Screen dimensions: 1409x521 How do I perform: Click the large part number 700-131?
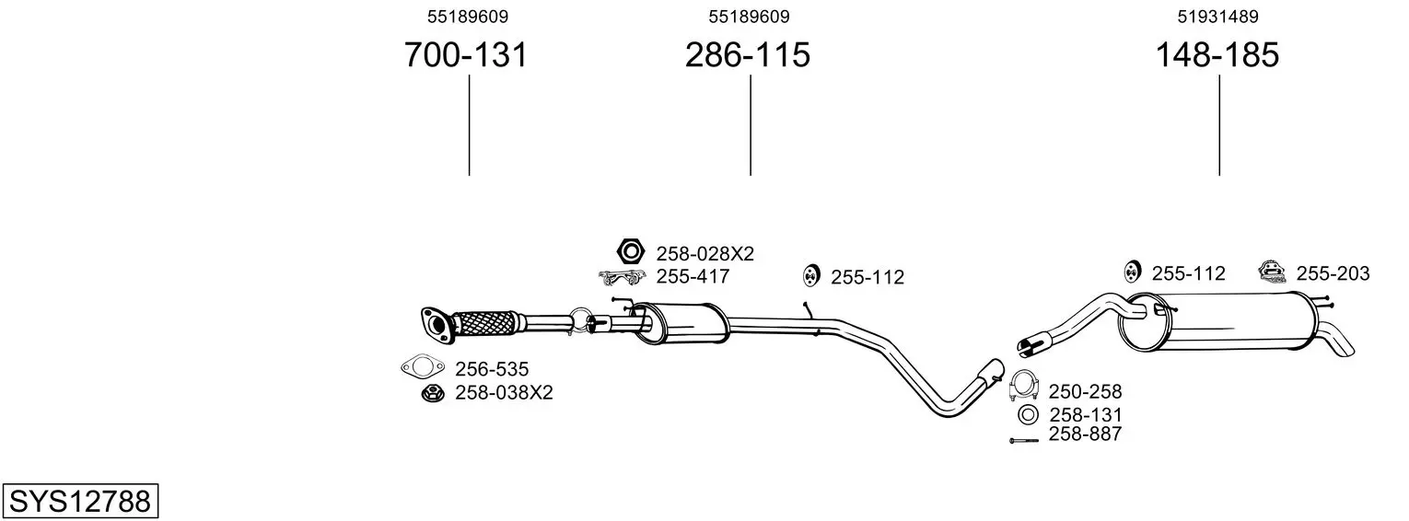[465, 54]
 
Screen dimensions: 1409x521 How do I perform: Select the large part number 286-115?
[747, 54]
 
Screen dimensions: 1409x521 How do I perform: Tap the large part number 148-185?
[1217, 54]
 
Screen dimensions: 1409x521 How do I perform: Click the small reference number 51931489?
[1217, 17]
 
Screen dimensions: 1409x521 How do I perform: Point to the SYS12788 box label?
[80, 501]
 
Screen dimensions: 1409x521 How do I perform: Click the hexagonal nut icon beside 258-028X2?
[630, 251]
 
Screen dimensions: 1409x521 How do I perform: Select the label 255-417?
[693, 276]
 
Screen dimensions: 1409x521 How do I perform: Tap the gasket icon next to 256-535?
[422, 367]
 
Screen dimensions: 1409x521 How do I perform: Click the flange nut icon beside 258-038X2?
[433, 393]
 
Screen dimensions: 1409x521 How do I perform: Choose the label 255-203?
[1333, 273]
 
